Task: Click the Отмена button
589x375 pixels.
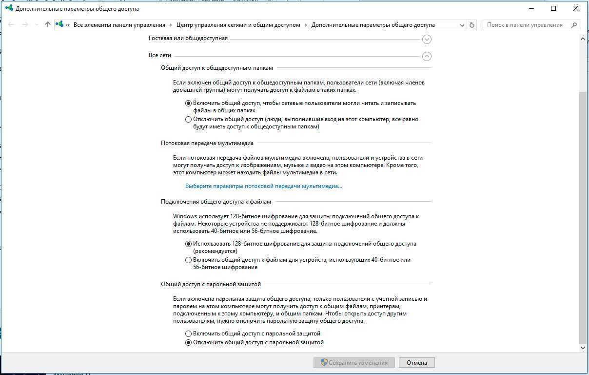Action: pos(416,362)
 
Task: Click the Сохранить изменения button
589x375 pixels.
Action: pos(353,362)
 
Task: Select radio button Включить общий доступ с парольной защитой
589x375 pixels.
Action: pos(189,333)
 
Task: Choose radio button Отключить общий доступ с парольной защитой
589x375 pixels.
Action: pos(189,342)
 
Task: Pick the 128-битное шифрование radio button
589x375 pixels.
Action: pos(189,244)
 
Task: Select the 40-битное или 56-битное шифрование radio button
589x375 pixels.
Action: pos(189,260)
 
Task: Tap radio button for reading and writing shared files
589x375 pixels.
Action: pos(189,103)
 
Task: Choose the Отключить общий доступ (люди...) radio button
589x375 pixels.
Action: pos(189,119)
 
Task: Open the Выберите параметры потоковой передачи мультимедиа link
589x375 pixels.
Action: pos(264,186)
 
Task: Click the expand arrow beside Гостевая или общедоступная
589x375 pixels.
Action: pos(427,39)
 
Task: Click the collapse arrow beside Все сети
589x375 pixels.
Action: pos(427,56)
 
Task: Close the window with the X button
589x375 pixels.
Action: pos(576,8)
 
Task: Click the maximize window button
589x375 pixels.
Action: pos(553,8)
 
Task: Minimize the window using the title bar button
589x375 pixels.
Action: pos(531,8)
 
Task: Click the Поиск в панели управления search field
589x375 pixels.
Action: pos(527,25)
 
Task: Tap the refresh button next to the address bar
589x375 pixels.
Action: pos(471,25)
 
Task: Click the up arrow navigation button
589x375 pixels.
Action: pos(47,25)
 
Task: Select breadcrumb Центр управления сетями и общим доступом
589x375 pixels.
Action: pos(238,25)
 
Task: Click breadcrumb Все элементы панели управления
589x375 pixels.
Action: pos(119,25)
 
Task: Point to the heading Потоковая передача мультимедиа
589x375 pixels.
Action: pos(207,143)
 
